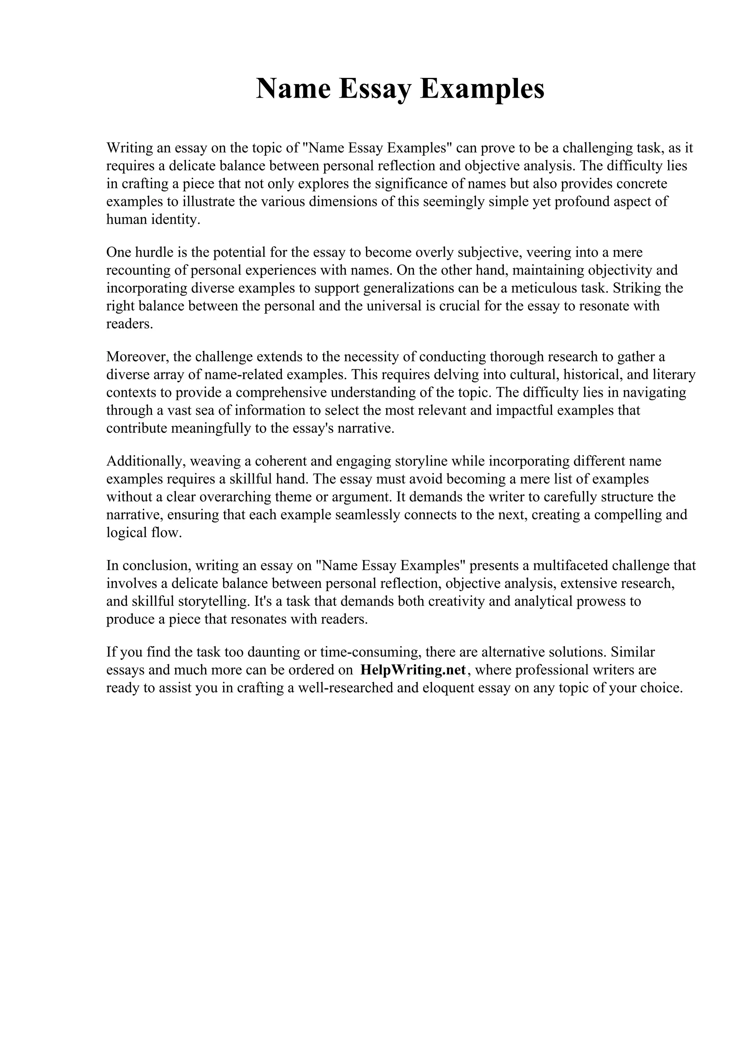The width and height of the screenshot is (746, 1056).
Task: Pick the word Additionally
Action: pyautogui.click(x=146, y=461)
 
